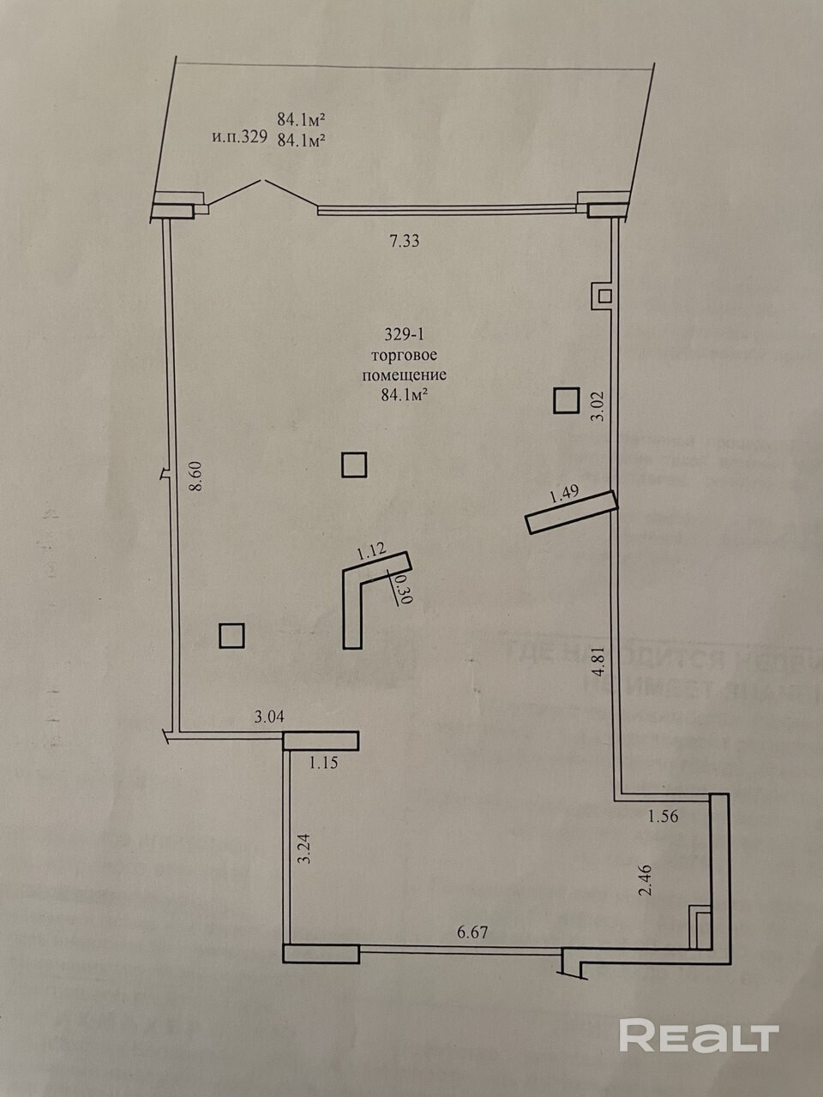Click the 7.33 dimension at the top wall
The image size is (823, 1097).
[x=404, y=242]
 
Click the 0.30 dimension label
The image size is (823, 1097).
[x=405, y=590]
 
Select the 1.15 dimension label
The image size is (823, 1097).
[x=324, y=762]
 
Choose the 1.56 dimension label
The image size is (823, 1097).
[x=663, y=816]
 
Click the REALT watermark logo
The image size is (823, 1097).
[x=698, y=1036]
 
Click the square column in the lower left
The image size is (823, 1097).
[x=231, y=635]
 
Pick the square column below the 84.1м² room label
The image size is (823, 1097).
[x=354, y=465]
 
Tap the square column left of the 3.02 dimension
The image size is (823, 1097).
[x=565, y=400]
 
